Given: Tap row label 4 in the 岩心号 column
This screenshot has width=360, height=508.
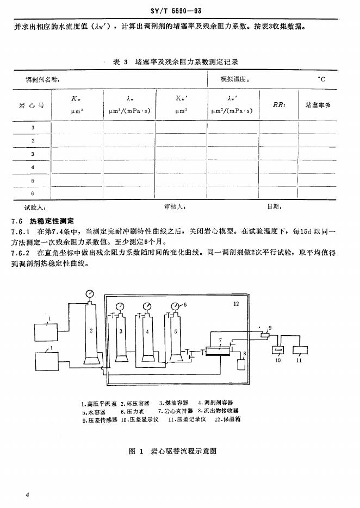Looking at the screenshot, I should tap(33, 167).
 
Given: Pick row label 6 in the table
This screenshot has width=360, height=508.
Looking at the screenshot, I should tap(33, 193).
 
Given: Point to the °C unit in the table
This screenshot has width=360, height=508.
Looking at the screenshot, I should tap(322, 79).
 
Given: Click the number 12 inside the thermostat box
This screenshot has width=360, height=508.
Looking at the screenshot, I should tap(235, 304).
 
